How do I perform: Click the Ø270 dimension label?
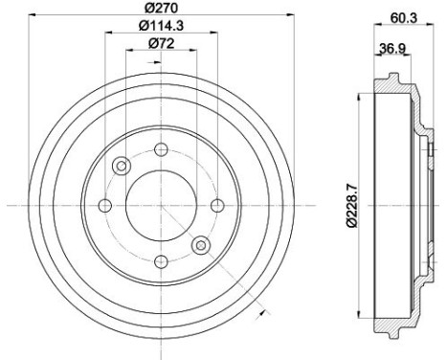click(160, 9)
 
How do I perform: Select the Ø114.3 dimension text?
click(159, 26)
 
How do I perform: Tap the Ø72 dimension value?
click(159, 44)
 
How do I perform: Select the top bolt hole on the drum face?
click(161, 148)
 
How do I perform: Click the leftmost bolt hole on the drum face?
click(104, 205)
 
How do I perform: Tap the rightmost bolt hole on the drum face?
click(217, 205)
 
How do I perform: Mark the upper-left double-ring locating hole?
click(122, 167)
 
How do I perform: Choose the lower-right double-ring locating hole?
click(200, 245)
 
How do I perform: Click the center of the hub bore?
click(161, 205)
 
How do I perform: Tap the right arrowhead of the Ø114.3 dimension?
click(213, 34)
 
